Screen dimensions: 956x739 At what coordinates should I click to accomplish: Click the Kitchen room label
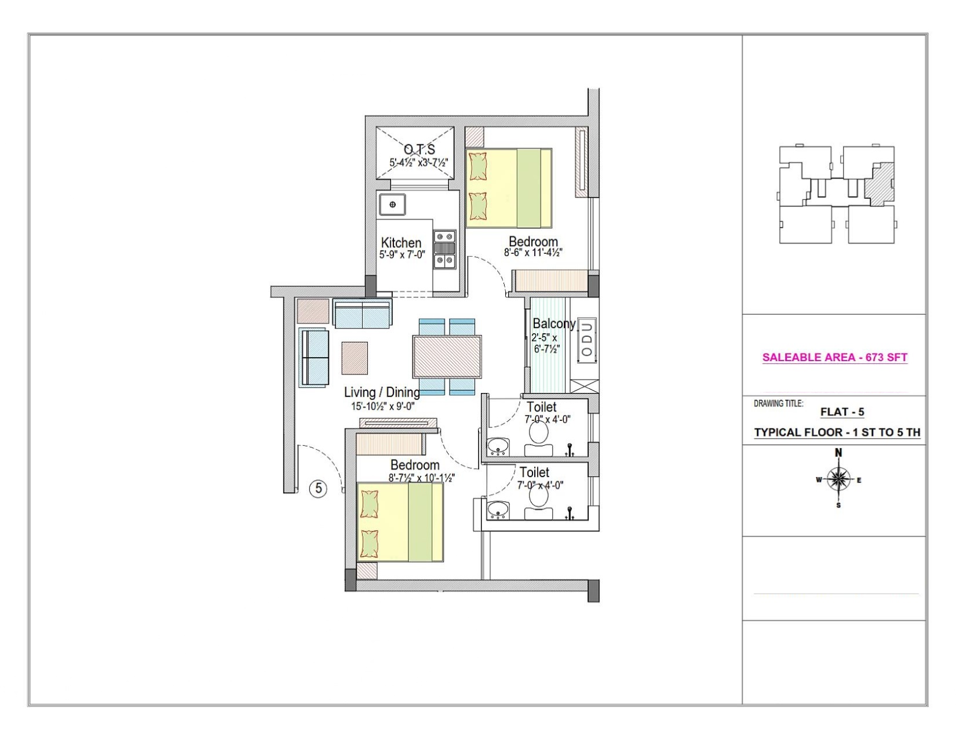click(x=401, y=242)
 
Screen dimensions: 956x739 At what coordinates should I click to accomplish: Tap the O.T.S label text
click(x=419, y=149)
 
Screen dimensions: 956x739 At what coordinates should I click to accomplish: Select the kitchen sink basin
click(x=392, y=205)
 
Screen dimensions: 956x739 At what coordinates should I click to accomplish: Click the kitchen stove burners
click(x=445, y=249)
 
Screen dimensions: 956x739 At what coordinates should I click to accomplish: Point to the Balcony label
click(x=554, y=323)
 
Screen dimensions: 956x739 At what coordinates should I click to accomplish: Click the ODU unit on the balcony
click(x=586, y=340)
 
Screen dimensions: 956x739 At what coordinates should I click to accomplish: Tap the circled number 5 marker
click(x=319, y=489)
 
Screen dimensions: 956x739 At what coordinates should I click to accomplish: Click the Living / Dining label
click(x=382, y=392)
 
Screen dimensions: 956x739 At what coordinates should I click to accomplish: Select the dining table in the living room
click(x=447, y=356)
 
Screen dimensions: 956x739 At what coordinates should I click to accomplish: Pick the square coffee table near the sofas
click(x=355, y=358)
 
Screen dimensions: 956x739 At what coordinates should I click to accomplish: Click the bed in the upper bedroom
click(x=509, y=188)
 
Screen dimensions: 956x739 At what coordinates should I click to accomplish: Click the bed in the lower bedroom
click(x=400, y=522)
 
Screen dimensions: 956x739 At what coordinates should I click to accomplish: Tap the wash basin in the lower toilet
click(x=498, y=510)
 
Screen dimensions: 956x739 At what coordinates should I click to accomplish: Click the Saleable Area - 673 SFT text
click(x=834, y=358)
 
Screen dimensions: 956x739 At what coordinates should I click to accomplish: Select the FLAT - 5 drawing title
click(x=842, y=412)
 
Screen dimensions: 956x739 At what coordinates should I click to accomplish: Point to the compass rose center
click(x=838, y=479)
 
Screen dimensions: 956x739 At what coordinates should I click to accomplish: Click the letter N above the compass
click(x=838, y=453)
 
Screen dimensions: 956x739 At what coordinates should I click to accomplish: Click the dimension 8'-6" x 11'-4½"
click(x=533, y=253)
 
